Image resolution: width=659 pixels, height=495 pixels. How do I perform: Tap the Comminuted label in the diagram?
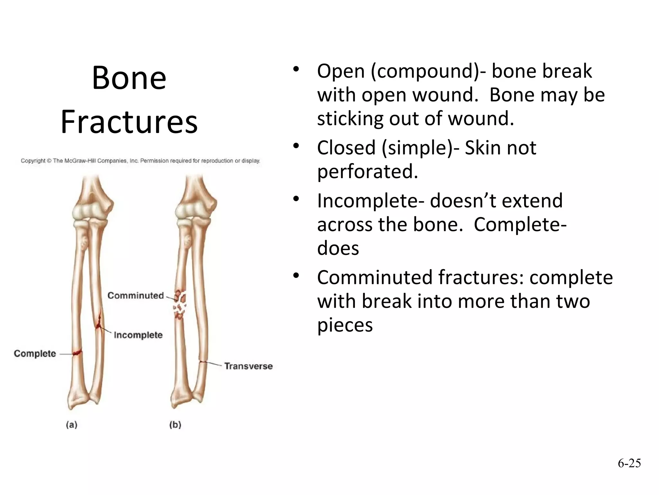(135, 296)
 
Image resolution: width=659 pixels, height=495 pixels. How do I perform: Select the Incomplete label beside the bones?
(138, 335)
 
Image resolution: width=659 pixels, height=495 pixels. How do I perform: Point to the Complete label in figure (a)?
(35, 354)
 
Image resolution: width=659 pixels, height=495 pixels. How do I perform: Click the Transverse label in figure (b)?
(248, 366)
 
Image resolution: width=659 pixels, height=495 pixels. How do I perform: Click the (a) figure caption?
(72, 425)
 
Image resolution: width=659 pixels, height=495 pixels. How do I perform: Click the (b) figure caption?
(175, 425)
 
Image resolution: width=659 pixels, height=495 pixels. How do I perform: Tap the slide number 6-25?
(629, 463)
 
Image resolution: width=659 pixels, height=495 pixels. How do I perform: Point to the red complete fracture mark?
(77, 353)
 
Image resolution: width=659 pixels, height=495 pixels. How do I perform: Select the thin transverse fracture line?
(202, 362)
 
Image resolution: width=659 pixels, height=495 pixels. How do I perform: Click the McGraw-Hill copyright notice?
(140, 160)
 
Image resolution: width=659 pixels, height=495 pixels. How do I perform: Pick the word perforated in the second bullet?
(367, 171)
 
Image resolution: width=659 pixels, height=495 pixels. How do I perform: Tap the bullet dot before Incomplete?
(296, 199)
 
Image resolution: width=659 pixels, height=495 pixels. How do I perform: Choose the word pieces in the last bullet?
(345, 325)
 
